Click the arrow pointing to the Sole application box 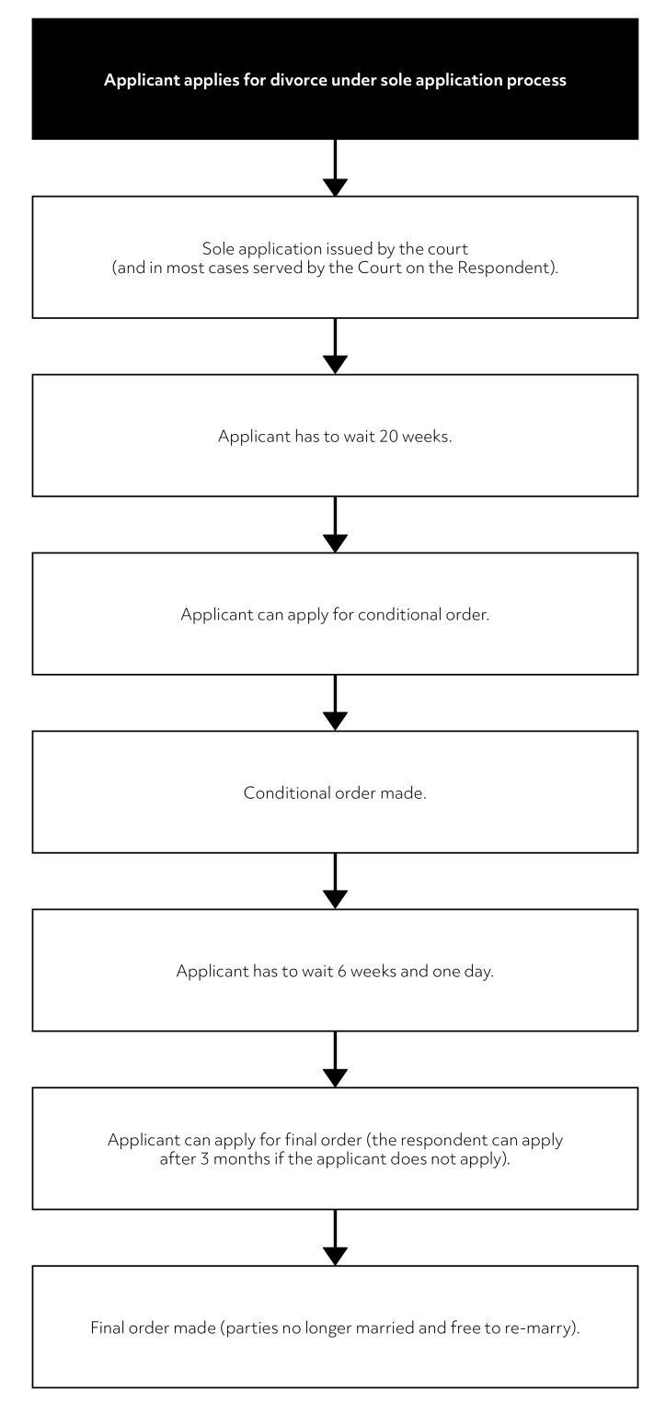click(x=336, y=169)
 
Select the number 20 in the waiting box click(x=388, y=437)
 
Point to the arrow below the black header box click(x=336, y=169)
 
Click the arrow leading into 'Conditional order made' click(x=336, y=704)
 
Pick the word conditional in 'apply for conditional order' click(x=373, y=615)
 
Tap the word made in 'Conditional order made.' click(x=405, y=793)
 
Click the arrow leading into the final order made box click(x=336, y=1239)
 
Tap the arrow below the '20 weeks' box click(x=336, y=526)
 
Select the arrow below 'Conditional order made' click(x=336, y=882)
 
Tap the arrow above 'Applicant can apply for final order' click(x=336, y=1061)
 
